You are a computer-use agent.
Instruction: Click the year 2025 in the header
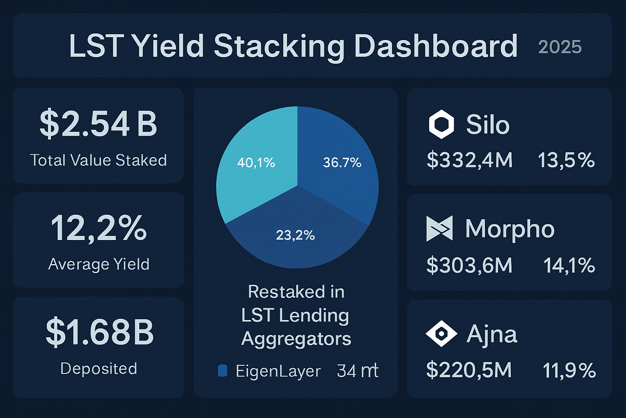(x=560, y=47)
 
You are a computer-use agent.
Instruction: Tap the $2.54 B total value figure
(x=98, y=124)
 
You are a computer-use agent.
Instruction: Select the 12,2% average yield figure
(x=98, y=228)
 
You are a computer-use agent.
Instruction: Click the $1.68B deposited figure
(x=99, y=332)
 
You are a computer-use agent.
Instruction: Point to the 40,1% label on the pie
(x=256, y=163)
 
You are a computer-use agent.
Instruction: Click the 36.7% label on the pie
(x=342, y=163)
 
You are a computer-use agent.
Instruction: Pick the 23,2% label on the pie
(x=295, y=235)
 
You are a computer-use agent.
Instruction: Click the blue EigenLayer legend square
(x=223, y=371)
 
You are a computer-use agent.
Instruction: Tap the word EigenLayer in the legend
(x=278, y=371)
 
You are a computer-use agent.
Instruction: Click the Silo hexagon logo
(x=441, y=125)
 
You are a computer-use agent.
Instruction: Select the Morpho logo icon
(x=439, y=229)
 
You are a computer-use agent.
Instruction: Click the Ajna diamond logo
(x=441, y=334)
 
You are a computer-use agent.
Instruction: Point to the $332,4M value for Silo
(x=469, y=160)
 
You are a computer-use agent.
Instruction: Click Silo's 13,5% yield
(x=566, y=160)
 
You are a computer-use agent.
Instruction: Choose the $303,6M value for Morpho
(x=469, y=265)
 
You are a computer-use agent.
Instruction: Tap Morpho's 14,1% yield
(x=569, y=265)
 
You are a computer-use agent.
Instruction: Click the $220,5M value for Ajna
(x=469, y=370)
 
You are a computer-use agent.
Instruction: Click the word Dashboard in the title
(x=435, y=46)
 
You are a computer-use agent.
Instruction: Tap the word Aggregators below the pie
(x=296, y=339)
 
